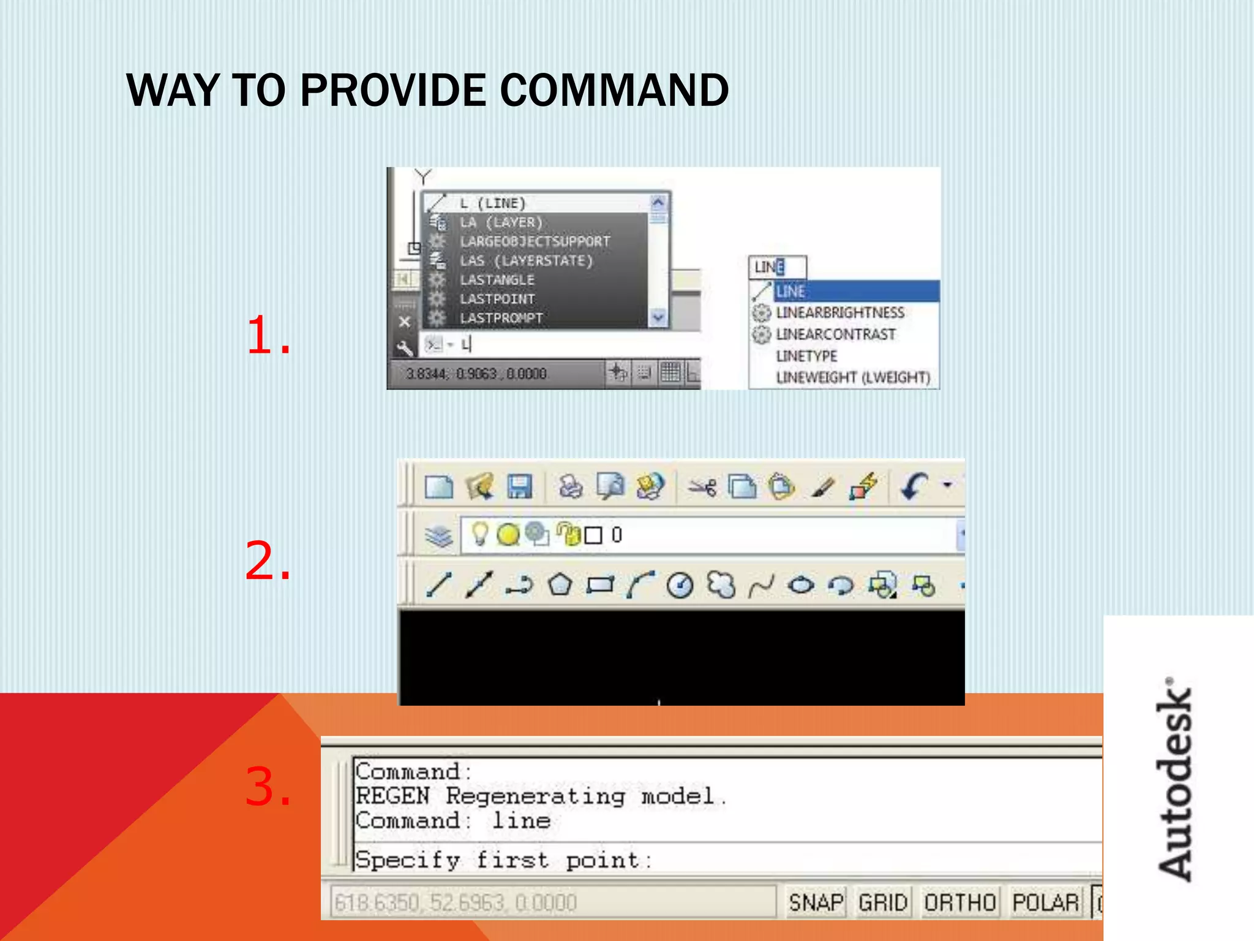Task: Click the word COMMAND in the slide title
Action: [x=614, y=91]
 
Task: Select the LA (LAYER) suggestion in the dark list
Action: [x=501, y=222]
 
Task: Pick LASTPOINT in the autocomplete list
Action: [x=497, y=299]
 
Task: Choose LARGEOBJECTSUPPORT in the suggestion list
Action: [x=535, y=241]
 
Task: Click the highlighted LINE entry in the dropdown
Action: [x=790, y=292]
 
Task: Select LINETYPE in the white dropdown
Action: [x=806, y=356]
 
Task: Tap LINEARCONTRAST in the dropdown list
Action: [x=835, y=334]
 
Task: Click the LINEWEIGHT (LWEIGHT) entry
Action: [x=853, y=377]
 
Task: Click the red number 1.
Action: [x=268, y=336]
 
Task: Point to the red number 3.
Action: [x=268, y=787]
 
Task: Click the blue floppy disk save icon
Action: [x=519, y=487]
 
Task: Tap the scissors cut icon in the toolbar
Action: [x=702, y=488]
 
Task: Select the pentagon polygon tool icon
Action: [x=560, y=585]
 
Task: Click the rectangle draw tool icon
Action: [x=600, y=585]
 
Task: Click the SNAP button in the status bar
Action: [x=815, y=902]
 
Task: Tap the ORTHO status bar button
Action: [x=959, y=902]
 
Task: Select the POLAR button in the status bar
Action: [x=1045, y=902]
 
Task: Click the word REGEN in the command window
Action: [x=392, y=796]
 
